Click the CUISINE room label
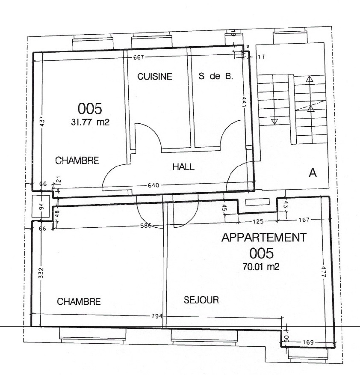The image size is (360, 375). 155,77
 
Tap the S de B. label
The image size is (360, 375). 216,76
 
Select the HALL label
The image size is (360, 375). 183,167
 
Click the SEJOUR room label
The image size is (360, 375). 201,300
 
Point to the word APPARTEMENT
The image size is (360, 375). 264,238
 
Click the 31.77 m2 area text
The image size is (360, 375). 90,122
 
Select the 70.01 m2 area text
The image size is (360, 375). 261,266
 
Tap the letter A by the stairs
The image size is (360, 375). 313,173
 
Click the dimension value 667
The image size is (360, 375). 139,57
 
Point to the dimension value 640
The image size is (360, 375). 153,185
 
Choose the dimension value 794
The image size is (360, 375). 157,316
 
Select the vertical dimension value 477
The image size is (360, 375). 324,272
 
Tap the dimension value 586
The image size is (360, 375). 146,225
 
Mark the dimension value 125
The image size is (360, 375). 258,221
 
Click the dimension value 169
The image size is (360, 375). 308,342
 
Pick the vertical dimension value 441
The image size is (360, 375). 245,102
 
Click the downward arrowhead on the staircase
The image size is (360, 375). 275,122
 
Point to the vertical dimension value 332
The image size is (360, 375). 41,273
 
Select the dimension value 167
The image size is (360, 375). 304,220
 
